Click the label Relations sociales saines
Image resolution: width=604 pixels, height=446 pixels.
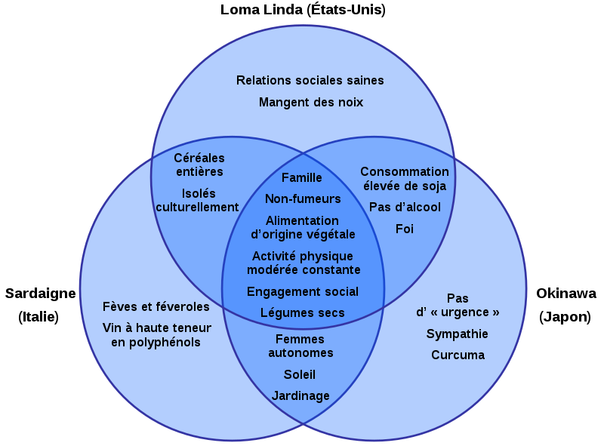click(310, 80)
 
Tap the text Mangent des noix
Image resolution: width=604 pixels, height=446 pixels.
click(311, 102)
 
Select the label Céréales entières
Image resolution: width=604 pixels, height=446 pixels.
click(199, 165)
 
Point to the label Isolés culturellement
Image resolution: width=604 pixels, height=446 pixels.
click(197, 200)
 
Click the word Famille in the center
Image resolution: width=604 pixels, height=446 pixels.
click(302, 177)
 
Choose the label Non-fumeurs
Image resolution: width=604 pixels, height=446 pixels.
click(303, 198)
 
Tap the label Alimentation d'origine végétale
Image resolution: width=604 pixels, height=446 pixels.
click(303, 227)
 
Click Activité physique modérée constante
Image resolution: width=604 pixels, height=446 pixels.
click(303, 263)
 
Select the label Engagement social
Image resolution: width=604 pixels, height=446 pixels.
click(303, 291)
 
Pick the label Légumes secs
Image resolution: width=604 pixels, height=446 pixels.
click(303, 312)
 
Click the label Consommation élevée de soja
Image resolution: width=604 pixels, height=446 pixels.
click(404, 179)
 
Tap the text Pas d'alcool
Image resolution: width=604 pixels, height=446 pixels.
click(405, 207)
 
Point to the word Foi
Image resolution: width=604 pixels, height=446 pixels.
click(405, 228)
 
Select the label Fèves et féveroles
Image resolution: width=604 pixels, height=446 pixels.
click(156, 306)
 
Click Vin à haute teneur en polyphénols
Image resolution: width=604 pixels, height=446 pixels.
click(156, 334)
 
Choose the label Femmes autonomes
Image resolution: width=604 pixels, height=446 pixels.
click(300, 346)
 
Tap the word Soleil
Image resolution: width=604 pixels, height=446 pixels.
click(300, 374)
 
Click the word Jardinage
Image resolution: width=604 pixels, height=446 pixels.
click(300, 395)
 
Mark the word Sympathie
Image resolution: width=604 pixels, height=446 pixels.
click(458, 334)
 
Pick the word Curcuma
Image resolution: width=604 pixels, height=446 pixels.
click(458, 355)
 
